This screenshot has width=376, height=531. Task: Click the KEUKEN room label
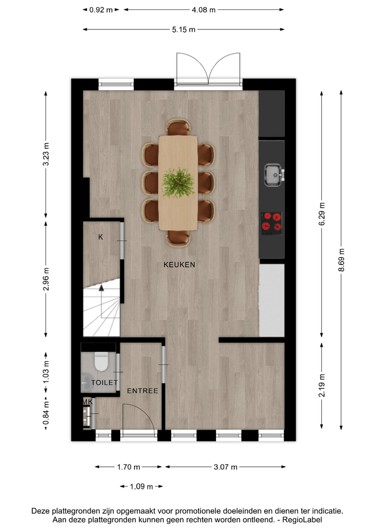[x=179, y=264]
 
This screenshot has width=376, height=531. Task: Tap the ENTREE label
[x=142, y=391]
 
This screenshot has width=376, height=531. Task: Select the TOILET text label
[x=105, y=383]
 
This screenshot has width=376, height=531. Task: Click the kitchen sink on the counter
[x=274, y=175]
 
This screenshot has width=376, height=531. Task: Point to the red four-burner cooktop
[x=271, y=223]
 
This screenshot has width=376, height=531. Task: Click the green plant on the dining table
[x=178, y=183]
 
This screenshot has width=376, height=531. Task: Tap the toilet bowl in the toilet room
[x=101, y=361]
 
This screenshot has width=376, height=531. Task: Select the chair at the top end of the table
[x=178, y=127]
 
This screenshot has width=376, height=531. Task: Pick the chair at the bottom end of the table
[x=178, y=238]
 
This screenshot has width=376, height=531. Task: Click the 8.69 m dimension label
[x=342, y=260]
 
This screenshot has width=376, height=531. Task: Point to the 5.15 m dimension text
[x=183, y=30]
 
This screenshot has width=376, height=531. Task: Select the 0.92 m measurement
[x=101, y=10]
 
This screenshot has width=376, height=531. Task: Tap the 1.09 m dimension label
[x=141, y=487]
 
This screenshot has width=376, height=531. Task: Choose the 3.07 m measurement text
[x=225, y=467]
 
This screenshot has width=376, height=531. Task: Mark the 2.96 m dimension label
[x=46, y=279]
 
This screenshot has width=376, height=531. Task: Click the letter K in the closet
[x=100, y=237]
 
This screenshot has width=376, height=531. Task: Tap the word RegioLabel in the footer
[x=302, y=519]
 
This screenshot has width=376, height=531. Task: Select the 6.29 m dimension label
[x=322, y=214]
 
